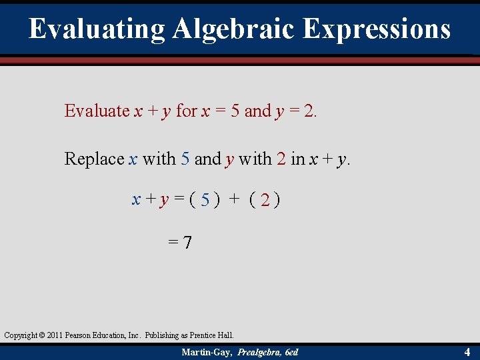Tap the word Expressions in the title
[377, 29]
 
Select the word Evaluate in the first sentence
[97, 111]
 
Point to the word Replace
[94, 159]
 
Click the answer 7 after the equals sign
[188, 243]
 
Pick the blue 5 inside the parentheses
[206, 199]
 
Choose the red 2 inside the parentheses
[265, 199]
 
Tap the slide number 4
[467, 351]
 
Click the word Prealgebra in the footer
[255, 352]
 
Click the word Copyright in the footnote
[21, 335]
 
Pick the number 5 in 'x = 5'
[235, 111]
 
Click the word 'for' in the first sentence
[186, 111]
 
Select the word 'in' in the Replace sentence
[298, 159]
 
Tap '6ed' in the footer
[291, 352]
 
